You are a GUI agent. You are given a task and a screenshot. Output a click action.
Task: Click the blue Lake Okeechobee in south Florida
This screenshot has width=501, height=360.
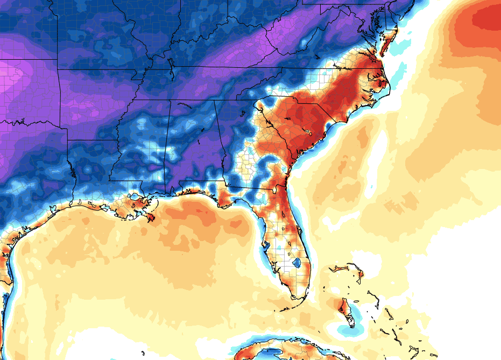295,263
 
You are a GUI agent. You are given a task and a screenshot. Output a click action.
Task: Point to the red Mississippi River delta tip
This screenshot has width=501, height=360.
150,218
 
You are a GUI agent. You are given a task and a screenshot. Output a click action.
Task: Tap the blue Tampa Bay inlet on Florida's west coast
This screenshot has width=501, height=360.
265,246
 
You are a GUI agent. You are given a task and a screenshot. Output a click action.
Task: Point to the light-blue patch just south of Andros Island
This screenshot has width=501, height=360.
344,328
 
